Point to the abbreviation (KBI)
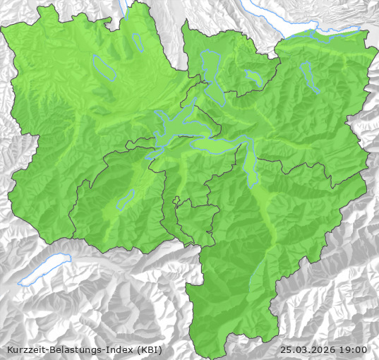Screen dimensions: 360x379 tap(149, 349)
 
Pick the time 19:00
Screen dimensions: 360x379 tap(354, 349)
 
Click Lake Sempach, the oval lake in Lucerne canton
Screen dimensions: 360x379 tap(104, 66)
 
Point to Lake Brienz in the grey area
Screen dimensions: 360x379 tap(44, 271)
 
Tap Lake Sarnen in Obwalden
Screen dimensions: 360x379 tap(126, 200)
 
